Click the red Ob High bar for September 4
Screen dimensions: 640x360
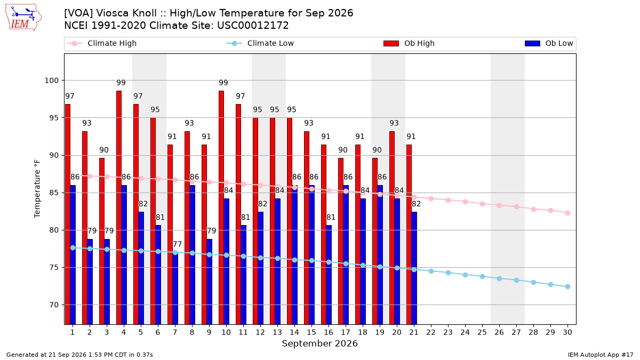pos(119,207)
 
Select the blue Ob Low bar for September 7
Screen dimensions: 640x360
pos(175,289)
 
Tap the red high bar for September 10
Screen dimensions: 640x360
pos(221,207)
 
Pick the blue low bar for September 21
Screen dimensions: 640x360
pos(414,268)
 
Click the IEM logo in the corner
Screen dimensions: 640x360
pos(23,17)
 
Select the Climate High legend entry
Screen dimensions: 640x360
pos(102,43)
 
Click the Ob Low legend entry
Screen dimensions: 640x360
pos(549,43)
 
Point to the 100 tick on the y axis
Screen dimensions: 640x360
pos(52,81)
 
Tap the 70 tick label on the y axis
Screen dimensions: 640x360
pos(54,305)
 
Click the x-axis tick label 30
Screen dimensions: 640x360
pos(567,332)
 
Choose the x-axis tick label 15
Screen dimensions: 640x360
pos(311,332)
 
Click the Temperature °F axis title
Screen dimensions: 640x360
pos(37,189)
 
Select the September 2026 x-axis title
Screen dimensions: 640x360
pos(319,343)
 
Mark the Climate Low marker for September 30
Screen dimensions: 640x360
pos(567,286)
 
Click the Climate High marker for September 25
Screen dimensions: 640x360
pos(482,204)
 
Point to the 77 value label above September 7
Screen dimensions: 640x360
pos(177,244)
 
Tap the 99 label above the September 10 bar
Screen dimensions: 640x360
pos(223,83)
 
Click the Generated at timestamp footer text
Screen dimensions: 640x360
pos(79,355)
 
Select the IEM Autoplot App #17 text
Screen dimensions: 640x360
pos(601,355)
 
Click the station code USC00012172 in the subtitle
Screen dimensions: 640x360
pos(253,26)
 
